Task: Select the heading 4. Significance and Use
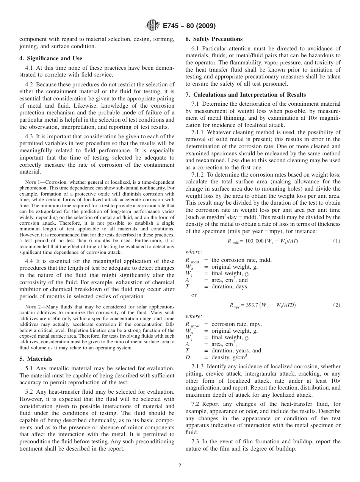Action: click(50, 58)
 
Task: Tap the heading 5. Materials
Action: click(36, 358)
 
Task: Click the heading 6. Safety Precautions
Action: click(214, 39)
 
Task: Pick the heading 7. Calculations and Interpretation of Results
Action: click(245, 95)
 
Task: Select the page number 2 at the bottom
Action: click(180, 466)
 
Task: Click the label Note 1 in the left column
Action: click(32, 183)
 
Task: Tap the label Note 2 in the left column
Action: click(32, 307)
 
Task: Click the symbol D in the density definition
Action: click(187, 357)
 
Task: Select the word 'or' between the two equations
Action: click(194, 295)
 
